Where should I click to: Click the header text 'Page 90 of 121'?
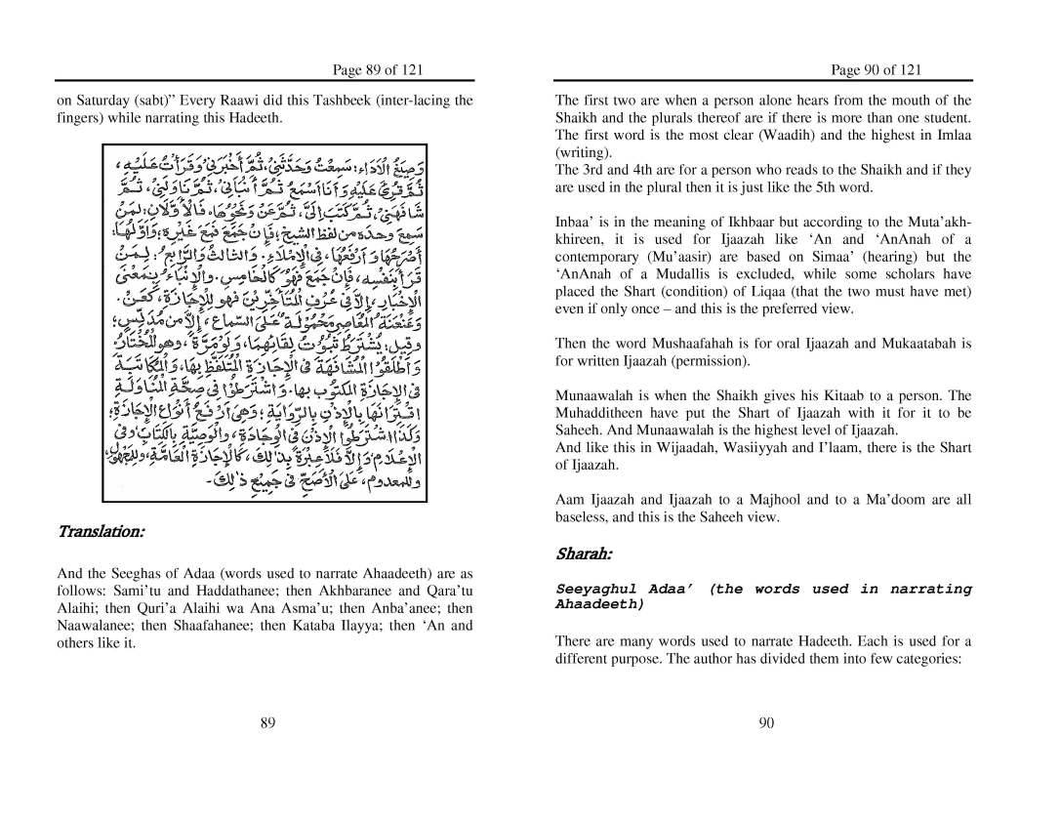876,69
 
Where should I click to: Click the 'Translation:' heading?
102,532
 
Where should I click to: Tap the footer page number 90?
765,722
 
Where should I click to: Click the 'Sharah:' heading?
584,554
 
